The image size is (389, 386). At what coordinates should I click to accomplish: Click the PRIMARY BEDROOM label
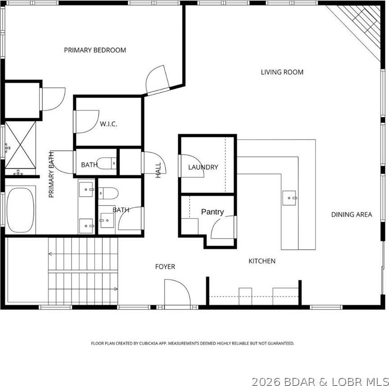(x=95, y=50)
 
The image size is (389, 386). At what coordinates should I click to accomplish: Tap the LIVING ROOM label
(x=282, y=72)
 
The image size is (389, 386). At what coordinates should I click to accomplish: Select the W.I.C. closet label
(x=109, y=124)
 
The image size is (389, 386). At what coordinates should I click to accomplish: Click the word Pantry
(x=212, y=211)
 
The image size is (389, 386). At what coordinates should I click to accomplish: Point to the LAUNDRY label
(x=203, y=167)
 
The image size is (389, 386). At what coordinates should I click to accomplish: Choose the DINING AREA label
(x=352, y=214)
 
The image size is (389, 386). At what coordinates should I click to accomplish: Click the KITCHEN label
(x=262, y=261)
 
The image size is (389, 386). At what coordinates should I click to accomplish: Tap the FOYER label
(x=165, y=267)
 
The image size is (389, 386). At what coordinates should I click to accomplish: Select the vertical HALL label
(x=158, y=171)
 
